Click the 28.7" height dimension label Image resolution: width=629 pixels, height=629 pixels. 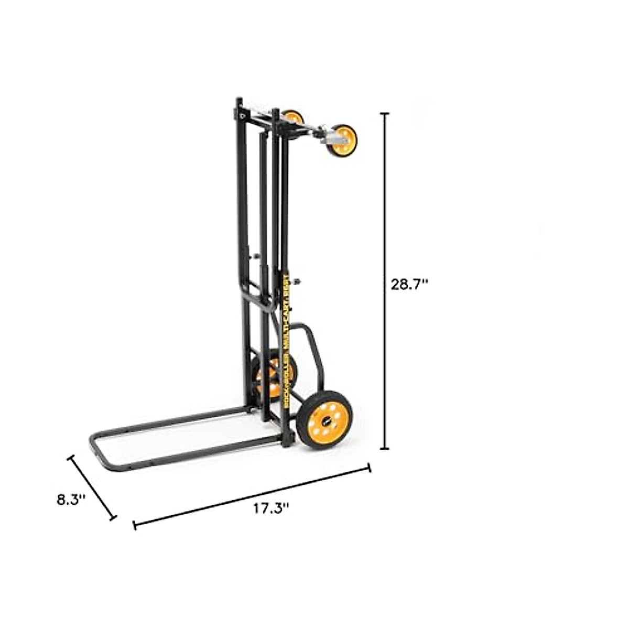pos(410,285)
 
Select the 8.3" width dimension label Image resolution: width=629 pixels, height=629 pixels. pos(71,500)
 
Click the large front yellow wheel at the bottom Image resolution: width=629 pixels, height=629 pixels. pos(324,420)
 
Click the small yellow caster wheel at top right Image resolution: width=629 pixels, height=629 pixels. pos(343,139)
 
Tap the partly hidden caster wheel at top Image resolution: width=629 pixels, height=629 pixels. pos(293,116)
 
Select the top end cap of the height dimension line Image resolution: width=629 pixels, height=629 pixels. pos(387,114)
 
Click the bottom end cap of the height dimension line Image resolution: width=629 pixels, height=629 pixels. pos(387,449)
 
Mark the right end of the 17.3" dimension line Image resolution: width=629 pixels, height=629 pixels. pos(370,468)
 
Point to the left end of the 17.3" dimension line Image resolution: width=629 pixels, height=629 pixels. pos(135,525)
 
